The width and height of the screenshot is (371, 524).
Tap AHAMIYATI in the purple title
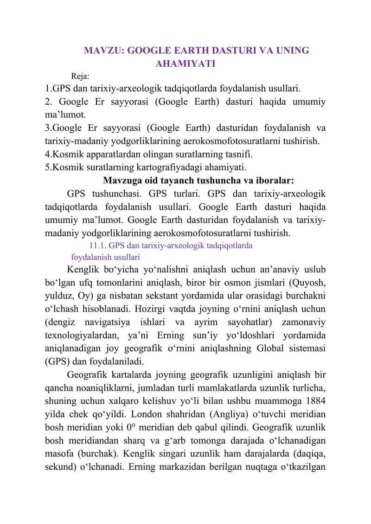185,63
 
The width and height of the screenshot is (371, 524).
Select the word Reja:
80,76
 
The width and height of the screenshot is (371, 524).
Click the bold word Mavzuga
122,180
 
